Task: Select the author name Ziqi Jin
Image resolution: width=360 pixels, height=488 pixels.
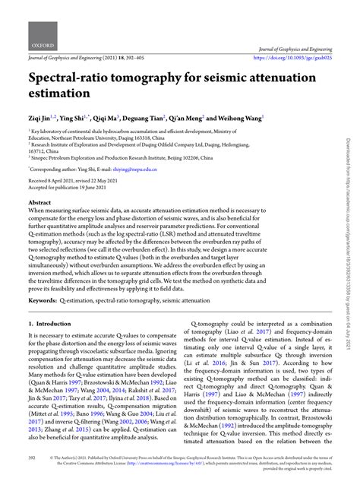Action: click(x=43, y=119)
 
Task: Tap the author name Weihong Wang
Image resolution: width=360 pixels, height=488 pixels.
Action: click(x=240, y=119)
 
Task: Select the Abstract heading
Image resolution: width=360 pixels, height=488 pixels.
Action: click(x=40, y=204)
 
